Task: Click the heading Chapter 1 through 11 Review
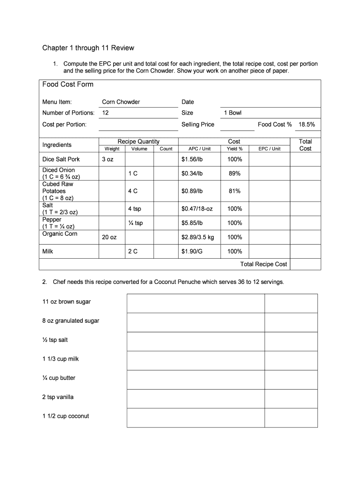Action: coord(88,48)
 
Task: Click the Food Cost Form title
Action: coord(68,84)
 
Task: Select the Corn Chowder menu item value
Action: coord(121,102)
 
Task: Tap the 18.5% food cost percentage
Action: coord(307,124)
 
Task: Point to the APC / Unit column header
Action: coord(199,149)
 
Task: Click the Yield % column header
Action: coord(234,149)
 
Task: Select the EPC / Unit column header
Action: coord(269,149)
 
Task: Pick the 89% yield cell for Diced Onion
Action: coord(234,174)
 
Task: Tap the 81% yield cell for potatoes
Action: coord(234,191)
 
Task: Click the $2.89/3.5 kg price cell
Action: coord(198,237)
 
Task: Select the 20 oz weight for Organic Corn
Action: coord(109,237)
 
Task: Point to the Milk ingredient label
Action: coord(48,251)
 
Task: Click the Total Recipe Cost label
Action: coord(264,264)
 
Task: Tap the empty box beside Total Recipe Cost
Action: coord(305,264)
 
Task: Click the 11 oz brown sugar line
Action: coord(66,302)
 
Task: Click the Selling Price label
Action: coord(198,124)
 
